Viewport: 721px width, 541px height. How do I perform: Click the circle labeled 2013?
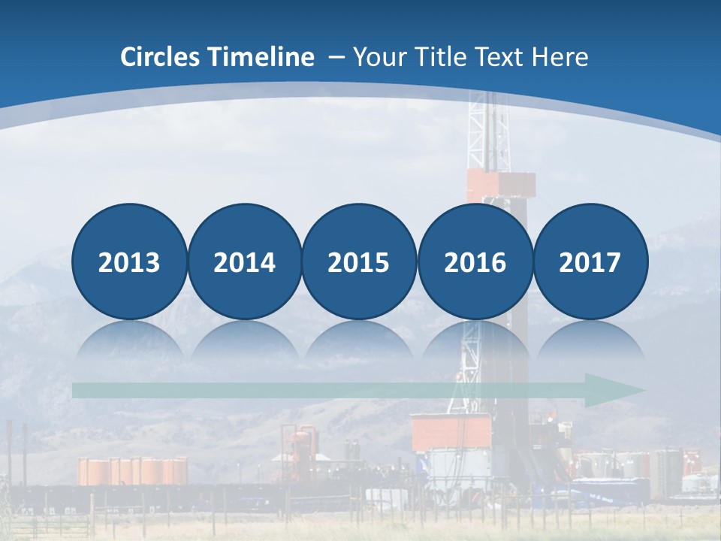tap(129, 262)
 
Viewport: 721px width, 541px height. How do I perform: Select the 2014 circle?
tap(245, 262)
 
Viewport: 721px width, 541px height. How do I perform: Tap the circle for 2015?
tap(359, 262)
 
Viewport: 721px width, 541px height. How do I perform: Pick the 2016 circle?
tap(475, 262)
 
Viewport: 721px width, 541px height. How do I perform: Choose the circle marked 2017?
tap(590, 262)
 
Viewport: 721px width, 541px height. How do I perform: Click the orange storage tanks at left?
tap(132, 471)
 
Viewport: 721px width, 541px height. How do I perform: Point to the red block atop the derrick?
tap(500, 185)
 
